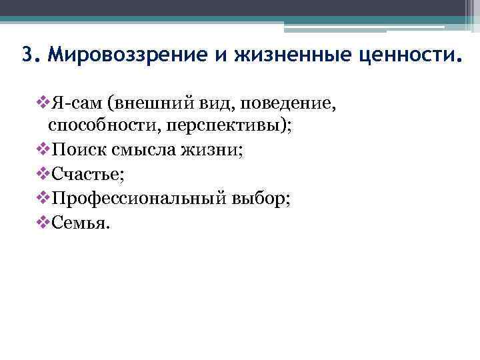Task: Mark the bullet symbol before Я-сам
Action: (x=41, y=103)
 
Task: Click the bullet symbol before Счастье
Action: (x=41, y=174)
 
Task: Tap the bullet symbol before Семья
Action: (x=41, y=221)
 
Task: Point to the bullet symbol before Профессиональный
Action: (x=41, y=198)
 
